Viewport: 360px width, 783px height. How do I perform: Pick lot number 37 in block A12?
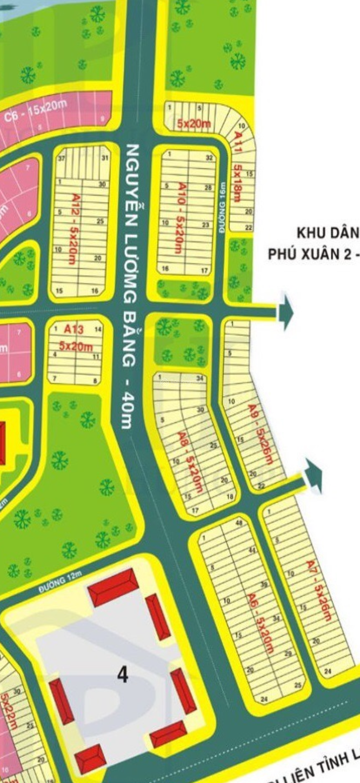(62, 158)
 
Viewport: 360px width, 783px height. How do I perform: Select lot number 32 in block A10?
(209, 158)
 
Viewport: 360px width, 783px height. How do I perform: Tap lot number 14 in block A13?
(98, 329)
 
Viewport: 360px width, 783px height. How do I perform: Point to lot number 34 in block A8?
(200, 378)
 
